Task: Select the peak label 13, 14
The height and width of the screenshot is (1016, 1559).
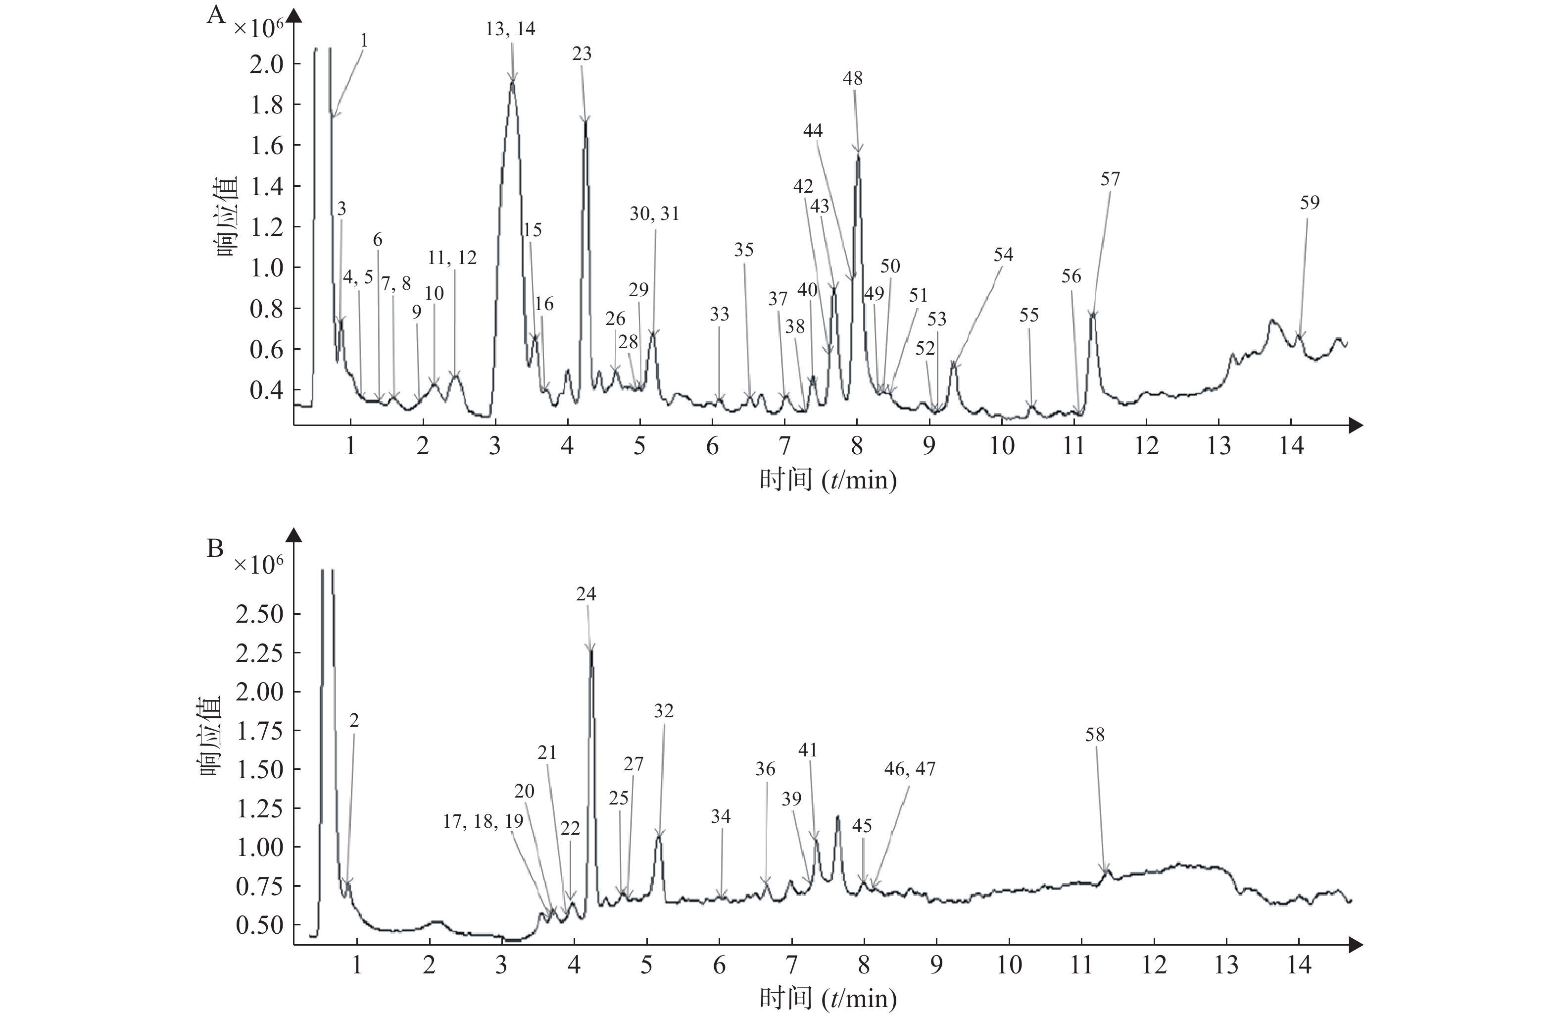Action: pos(510,29)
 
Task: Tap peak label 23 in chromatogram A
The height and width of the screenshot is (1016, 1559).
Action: pos(582,54)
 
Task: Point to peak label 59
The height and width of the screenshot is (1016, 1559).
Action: pos(1310,203)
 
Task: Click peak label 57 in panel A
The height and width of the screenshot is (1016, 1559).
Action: pos(1110,179)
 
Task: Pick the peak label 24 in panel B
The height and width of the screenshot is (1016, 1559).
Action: pos(586,594)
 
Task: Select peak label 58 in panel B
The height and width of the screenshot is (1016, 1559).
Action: pos(1095,735)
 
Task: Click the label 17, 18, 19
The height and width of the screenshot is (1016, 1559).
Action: pos(483,822)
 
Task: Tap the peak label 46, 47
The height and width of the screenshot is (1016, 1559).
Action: pos(909,769)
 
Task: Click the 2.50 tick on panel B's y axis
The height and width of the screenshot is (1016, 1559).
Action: pos(259,614)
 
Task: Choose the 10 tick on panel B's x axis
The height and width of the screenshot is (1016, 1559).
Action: pos(1010,965)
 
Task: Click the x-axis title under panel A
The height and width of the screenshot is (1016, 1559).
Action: pos(828,481)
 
